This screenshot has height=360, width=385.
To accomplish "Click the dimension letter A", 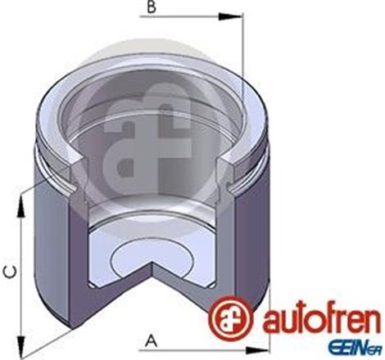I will [152, 338].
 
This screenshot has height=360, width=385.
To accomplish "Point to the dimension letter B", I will [150, 11].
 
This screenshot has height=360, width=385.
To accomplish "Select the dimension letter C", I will [7, 271].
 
